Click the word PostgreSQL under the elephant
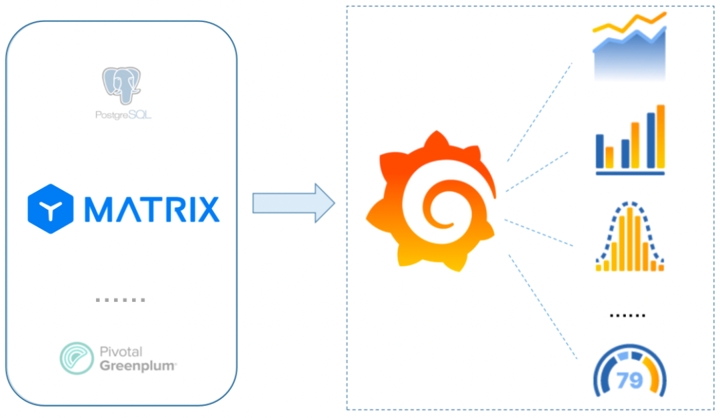(x=123, y=116)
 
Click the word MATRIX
(x=152, y=209)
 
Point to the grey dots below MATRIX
(x=120, y=300)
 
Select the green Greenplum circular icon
(x=76, y=358)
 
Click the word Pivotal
(x=121, y=352)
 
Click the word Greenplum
(x=138, y=365)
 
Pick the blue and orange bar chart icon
(x=630, y=140)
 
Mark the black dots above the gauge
(x=627, y=315)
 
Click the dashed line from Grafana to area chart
(x=540, y=112)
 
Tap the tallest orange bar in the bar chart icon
(x=661, y=136)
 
